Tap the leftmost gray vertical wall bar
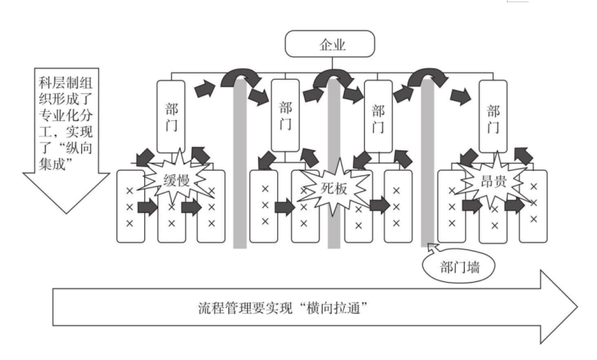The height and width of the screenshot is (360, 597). tap(240, 165)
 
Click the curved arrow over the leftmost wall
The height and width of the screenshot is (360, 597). tap(240, 76)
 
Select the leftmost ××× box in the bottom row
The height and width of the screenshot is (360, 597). tap(130, 207)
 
